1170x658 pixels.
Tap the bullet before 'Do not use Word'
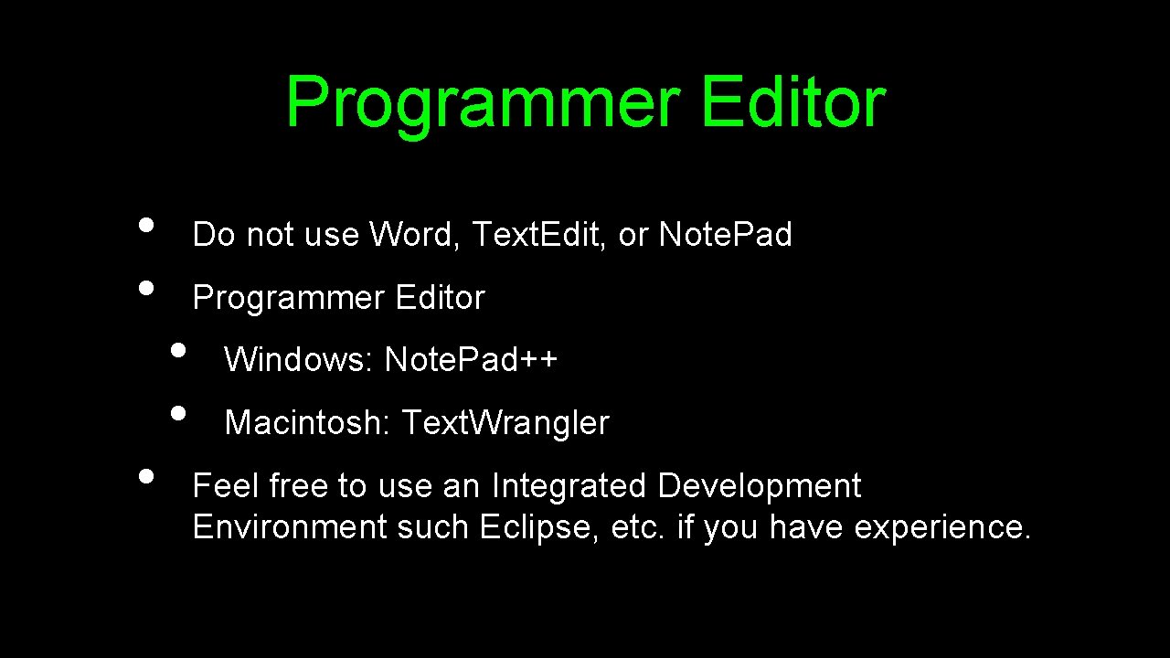pos(145,224)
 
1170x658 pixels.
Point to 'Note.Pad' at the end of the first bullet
pos(725,235)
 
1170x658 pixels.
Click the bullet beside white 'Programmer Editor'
pos(145,286)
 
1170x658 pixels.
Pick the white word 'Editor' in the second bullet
pos(440,297)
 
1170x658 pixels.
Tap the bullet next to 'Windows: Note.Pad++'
pos(178,349)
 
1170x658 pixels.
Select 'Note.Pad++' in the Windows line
pos(471,360)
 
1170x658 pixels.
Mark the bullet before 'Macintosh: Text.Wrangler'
pos(178,411)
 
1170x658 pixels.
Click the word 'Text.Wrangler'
pos(505,422)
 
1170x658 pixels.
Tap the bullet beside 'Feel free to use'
pos(145,474)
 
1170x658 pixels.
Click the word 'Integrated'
pos(569,485)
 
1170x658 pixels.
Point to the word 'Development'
pos(759,486)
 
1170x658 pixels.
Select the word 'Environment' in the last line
pos(290,527)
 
